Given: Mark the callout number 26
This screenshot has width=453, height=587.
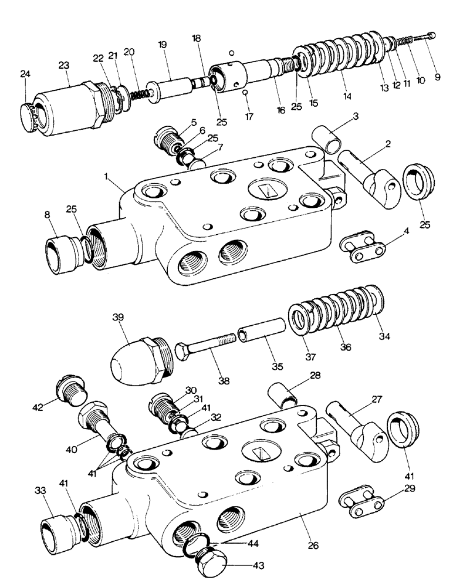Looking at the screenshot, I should pos(313,546).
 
